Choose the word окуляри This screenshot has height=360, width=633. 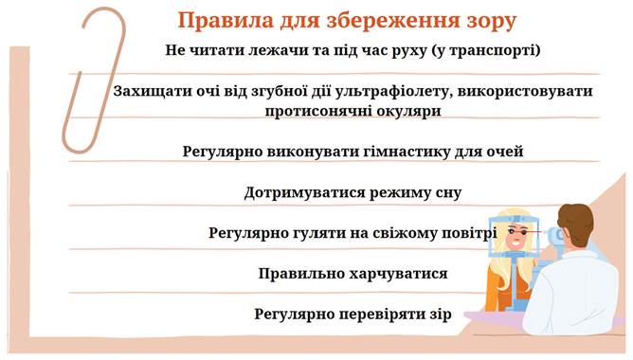(x=407, y=112)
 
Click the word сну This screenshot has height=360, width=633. (x=448, y=193)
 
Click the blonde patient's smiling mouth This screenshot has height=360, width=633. (x=515, y=243)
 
